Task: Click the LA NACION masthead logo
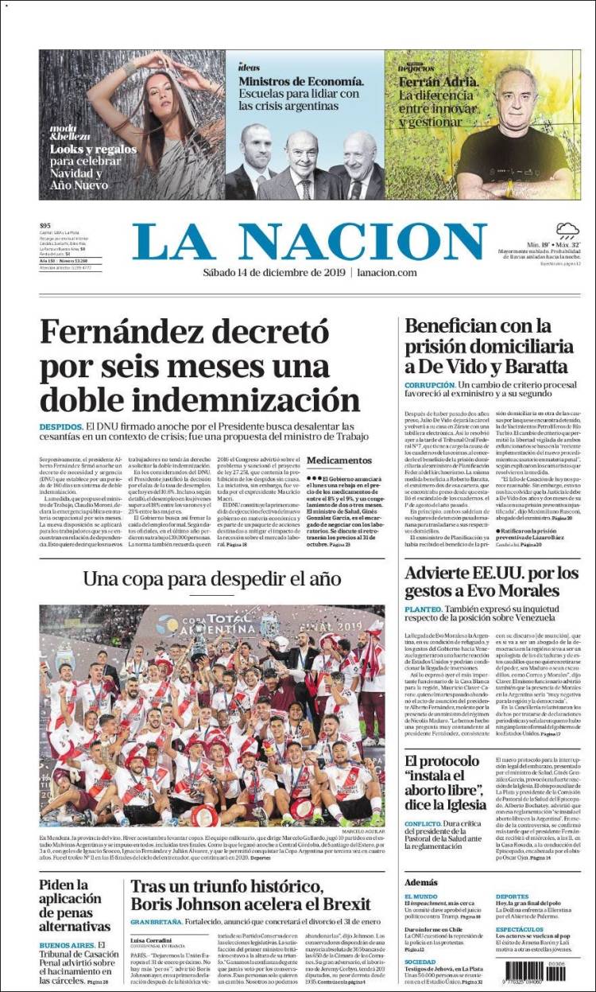(309, 242)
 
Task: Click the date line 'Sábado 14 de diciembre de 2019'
(265, 273)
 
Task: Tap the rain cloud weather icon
(567, 231)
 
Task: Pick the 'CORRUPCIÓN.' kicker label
(429, 385)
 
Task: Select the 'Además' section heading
(420, 882)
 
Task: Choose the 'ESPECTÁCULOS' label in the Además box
(520, 929)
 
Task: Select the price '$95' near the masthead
(45, 226)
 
